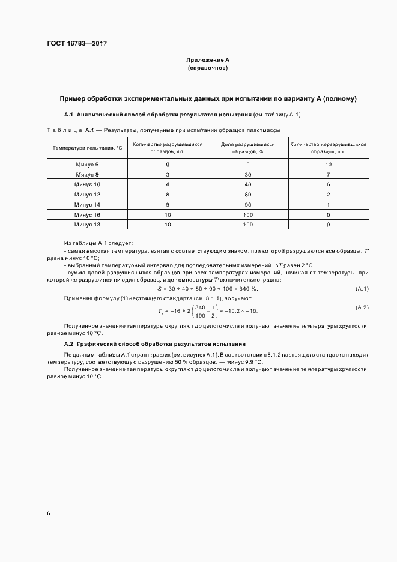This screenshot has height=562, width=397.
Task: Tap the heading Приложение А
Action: tap(208, 60)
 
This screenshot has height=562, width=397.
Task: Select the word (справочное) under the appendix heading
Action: tap(208, 68)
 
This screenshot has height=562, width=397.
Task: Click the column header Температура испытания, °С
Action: tap(87, 148)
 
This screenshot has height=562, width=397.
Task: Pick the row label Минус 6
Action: tap(87, 164)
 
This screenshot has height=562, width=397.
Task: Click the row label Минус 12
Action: tap(87, 194)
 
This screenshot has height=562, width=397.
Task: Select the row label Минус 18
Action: tap(87, 224)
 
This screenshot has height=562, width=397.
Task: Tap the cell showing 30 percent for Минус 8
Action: tap(247, 174)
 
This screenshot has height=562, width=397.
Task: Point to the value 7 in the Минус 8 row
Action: tap(328, 174)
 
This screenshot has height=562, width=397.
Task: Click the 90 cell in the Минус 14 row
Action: tap(247, 204)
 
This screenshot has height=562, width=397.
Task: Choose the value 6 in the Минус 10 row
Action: tap(328, 184)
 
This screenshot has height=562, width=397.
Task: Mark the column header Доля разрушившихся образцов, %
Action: tap(247, 148)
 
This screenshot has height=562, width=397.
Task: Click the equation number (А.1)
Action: tap(362, 289)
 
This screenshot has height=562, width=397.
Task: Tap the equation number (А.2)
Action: tap(362, 307)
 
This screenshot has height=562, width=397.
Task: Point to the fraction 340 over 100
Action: tap(199, 311)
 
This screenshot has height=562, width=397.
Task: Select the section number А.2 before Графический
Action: tap(68, 344)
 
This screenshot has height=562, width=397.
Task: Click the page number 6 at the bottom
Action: tap(48, 513)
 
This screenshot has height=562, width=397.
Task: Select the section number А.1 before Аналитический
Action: tap(68, 115)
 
